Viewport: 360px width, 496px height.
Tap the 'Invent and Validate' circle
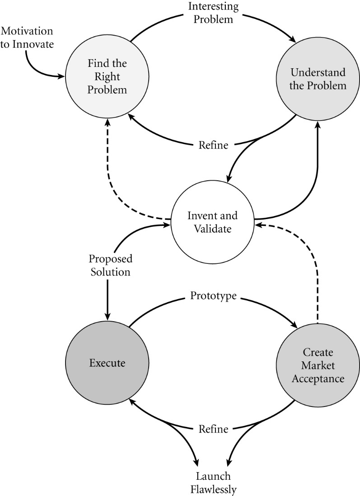tap(209, 222)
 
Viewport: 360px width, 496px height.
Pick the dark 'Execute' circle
tap(107, 362)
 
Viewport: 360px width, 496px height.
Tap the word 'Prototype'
tap(213, 297)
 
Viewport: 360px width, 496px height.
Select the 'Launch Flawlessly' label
tap(213, 482)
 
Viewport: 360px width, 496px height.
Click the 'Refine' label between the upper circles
tap(213, 145)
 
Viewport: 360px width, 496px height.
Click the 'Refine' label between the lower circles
tap(213, 429)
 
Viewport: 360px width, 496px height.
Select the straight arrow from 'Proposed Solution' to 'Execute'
tap(108, 298)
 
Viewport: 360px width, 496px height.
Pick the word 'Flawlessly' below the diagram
tap(213, 488)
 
